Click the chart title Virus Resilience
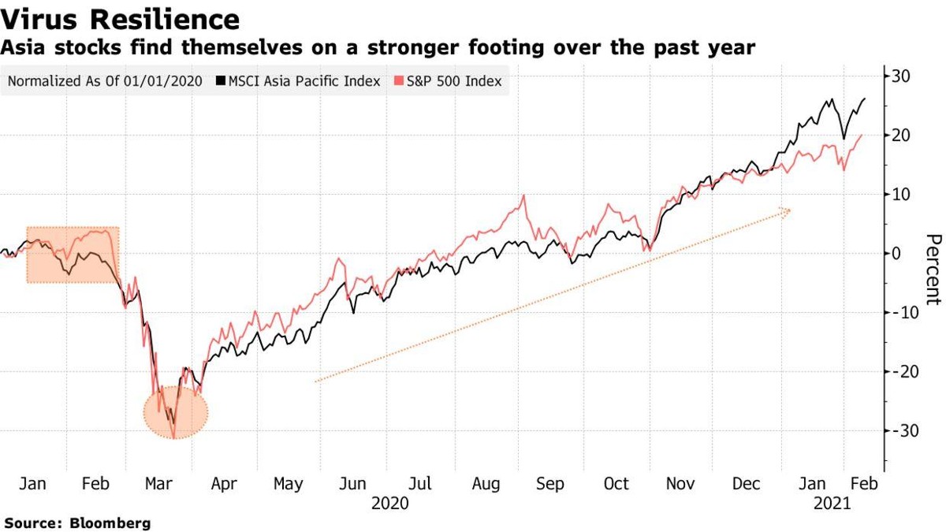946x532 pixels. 121,19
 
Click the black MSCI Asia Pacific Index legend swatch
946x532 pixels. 222,81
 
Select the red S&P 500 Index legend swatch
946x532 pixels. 400,81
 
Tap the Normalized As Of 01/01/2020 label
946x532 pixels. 104,81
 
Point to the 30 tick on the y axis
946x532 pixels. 903,76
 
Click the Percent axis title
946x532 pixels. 933,269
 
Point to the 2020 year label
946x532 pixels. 389,502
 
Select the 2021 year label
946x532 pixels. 832,502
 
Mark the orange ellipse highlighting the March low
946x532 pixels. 177,411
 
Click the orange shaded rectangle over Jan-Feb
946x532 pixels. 73,255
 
